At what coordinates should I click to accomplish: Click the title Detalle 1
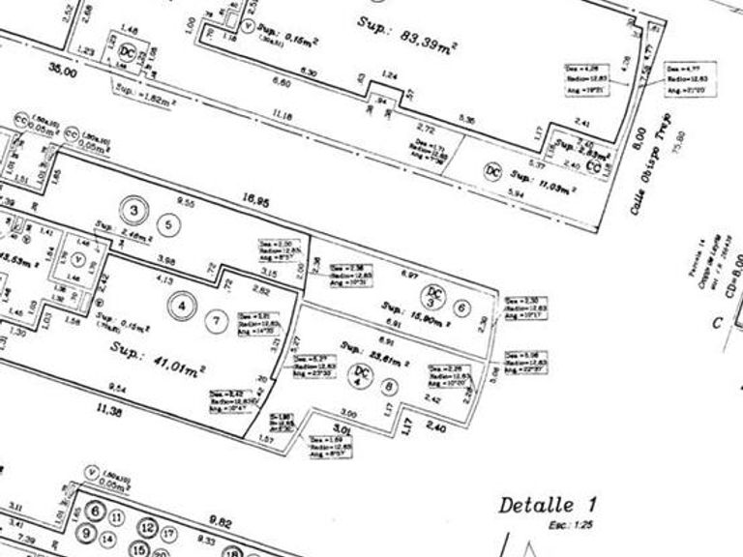coord(548,504)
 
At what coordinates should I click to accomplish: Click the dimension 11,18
coord(282,115)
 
